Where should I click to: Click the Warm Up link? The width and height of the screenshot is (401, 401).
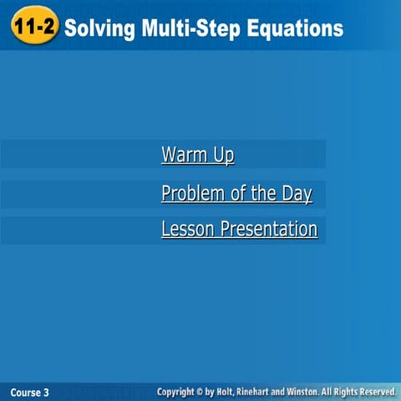(198, 155)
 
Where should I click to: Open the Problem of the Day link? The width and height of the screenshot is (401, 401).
(236, 194)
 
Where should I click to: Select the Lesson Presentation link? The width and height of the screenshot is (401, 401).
(239, 229)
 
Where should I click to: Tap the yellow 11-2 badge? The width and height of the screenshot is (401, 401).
(34, 28)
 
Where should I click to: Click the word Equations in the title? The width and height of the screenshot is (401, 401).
(293, 28)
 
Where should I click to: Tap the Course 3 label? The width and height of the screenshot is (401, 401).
(30, 392)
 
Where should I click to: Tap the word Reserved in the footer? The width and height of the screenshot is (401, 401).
(378, 391)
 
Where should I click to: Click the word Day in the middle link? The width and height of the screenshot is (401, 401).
(296, 194)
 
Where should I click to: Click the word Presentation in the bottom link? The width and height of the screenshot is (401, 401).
(269, 229)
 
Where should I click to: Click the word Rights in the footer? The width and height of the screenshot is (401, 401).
(348, 391)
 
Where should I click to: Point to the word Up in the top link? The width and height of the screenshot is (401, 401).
(223, 155)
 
